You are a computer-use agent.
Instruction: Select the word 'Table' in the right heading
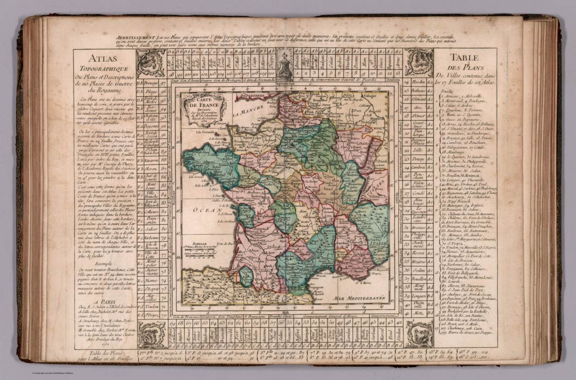pyautogui.click(x=464, y=57)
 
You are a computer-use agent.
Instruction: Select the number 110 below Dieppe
pyautogui.click(x=272, y=73)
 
